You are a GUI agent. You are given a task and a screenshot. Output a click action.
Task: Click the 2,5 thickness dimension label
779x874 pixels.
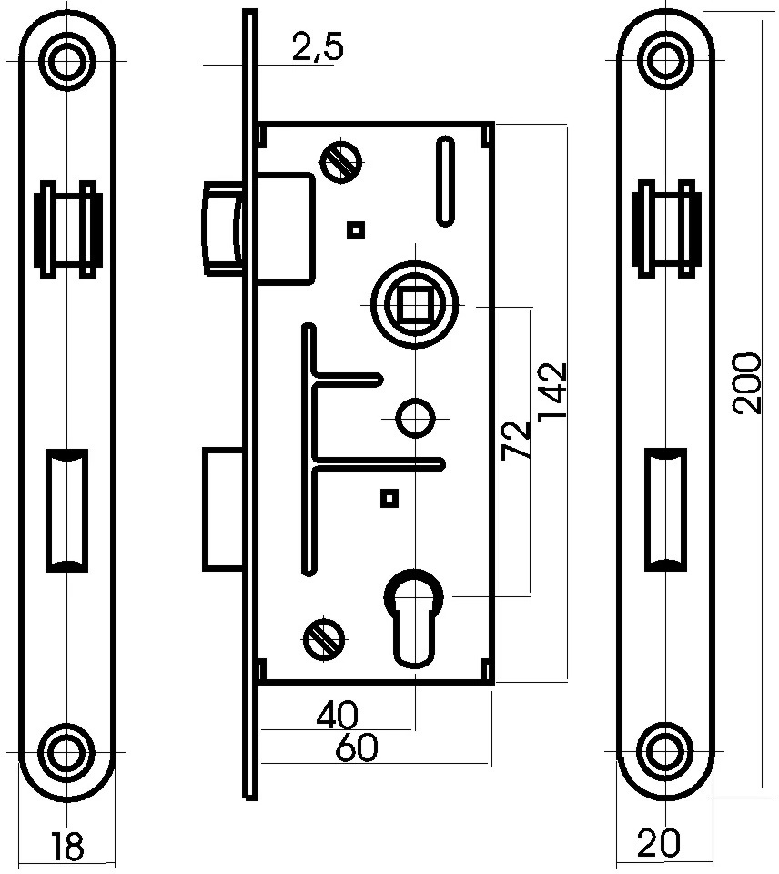coord(318,46)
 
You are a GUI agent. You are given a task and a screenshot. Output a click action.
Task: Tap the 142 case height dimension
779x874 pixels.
coord(552,391)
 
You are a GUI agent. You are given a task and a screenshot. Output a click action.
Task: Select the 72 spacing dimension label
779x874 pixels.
coord(515,441)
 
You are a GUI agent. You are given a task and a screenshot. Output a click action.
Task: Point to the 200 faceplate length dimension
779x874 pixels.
coord(746,383)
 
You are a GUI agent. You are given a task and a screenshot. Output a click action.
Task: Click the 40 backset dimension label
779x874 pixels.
coord(338,715)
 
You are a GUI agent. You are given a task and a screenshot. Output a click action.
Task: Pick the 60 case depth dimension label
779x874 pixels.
coord(357,748)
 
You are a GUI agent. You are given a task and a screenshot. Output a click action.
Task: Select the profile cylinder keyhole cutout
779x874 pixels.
coord(415,617)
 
